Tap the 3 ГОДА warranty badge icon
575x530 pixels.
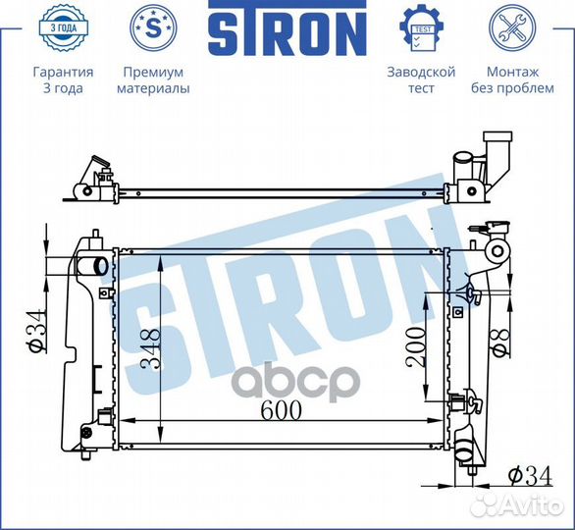[62, 29]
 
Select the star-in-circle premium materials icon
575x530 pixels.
[153, 29]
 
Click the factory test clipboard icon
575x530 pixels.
[422, 29]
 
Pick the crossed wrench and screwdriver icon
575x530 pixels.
[511, 29]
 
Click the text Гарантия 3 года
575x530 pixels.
[63, 79]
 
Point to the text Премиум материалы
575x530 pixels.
[153, 79]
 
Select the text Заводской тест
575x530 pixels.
[422, 79]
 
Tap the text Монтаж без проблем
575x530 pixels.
[511, 79]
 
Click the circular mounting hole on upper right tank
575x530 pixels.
[497, 254]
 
